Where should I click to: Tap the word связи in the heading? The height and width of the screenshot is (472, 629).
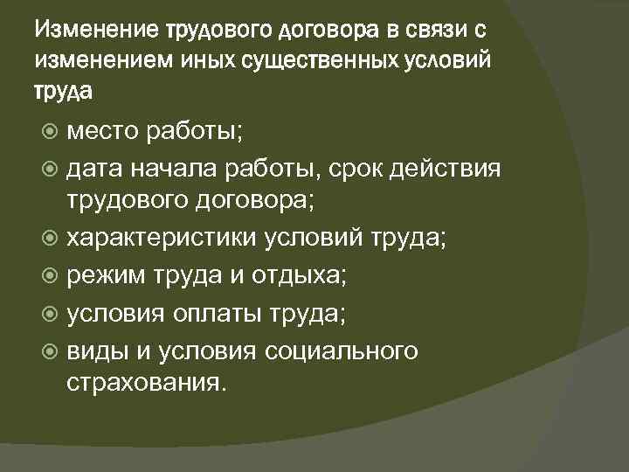[x=432, y=32]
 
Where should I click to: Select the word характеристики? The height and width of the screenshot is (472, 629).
[x=169, y=239]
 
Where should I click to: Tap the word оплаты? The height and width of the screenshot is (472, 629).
[x=223, y=313]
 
